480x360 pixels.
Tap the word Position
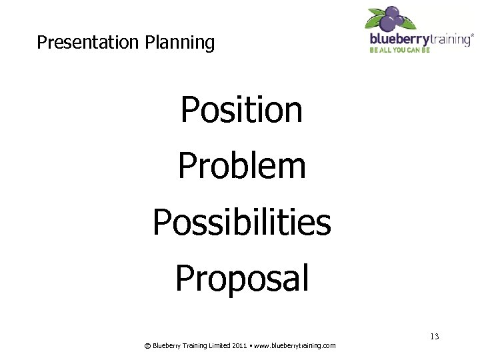241,110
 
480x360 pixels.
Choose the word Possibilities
241,222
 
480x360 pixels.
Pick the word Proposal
241,279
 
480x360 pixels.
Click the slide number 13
434,337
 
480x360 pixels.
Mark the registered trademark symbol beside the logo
473,35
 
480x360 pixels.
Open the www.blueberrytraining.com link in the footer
295,346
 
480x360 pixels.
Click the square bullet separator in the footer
251,345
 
